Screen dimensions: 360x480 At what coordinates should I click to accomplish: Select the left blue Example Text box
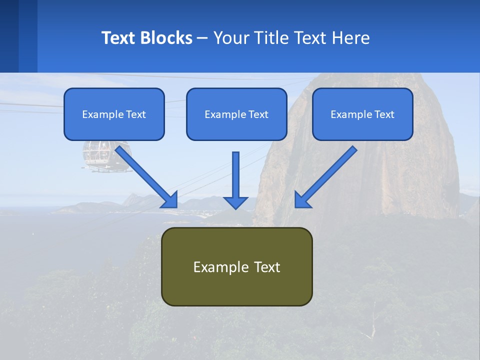pyautogui.click(x=114, y=114)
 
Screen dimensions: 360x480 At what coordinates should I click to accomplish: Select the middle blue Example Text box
pyautogui.click(x=236, y=114)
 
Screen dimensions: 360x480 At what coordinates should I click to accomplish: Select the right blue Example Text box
pyautogui.click(x=362, y=114)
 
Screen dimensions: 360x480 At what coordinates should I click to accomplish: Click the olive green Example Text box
pyautogui.click(x=237, y=266)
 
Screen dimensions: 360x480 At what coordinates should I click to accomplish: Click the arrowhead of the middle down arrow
pyautogui.click(x=235, y=202)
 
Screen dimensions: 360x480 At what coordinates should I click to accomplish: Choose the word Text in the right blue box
pyautogui.click(x=384, y=114)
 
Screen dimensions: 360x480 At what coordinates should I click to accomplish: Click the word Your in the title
pyautogui.click(x=230, y=38)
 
